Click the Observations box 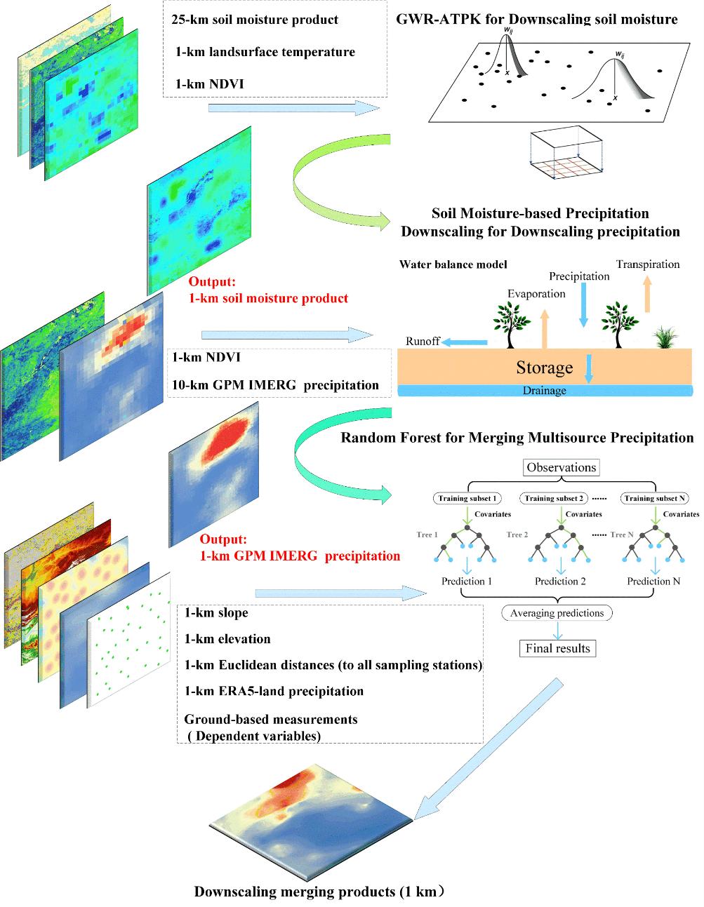coord(561,468)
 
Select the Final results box coord(558,648)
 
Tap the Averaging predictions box coord(557,613)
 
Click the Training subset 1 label coord(467,499)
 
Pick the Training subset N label coord(654,499)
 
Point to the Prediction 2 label coord(559,581)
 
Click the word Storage coord(545,367)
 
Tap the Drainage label coord(545,391)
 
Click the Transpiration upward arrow coord(647,293)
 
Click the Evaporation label coord(536,294)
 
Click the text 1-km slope coord(216,613)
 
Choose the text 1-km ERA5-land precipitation coord(274,691)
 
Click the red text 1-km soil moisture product coord(268,298)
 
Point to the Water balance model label coord(453,265)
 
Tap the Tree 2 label coord(517,535)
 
